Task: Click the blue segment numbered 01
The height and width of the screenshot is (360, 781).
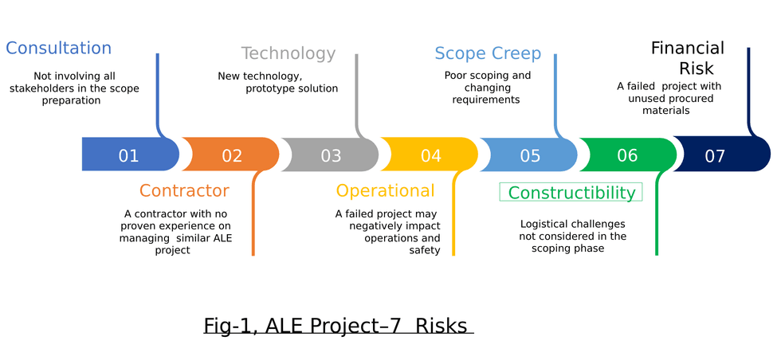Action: [x=128, y=155]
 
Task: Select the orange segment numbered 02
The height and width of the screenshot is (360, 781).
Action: [x=231, y=155]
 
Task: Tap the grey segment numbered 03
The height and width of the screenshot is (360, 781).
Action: [x=331, y=155]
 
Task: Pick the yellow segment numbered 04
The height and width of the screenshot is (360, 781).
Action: [x=430, y=155]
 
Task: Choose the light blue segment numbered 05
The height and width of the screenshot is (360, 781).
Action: [x=530, y=155]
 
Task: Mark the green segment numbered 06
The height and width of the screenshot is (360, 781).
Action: [x=627, y=155]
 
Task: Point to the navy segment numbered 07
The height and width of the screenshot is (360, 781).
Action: [x=715, y=155]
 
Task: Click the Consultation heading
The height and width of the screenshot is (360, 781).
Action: [x=58, y=48]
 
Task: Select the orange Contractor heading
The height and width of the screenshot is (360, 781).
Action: [x=184, y=191]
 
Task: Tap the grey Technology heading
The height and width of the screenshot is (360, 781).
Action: [x=288, y=53]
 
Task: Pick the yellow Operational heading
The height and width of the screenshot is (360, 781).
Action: [x=385, y=191]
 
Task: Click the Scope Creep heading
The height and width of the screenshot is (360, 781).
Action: [x=488, y=54]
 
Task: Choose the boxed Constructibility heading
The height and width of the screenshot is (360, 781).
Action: [x=571, y=193]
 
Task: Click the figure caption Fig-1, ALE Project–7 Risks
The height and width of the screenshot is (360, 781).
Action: [x=338, y=326]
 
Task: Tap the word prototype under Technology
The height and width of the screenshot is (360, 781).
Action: [x=271, y=88]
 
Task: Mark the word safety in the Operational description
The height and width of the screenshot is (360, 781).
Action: [x=425, y=250]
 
